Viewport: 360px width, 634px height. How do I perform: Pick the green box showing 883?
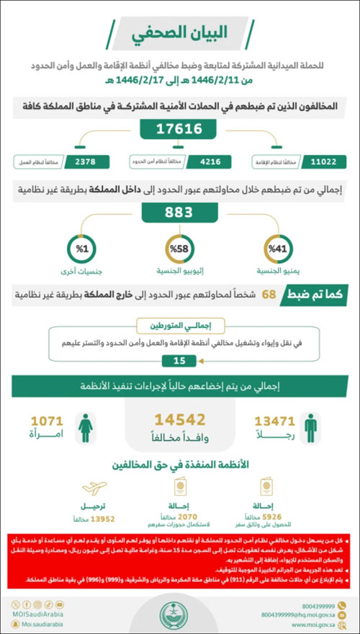pos(180,213)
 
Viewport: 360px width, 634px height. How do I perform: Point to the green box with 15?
pos(179,360)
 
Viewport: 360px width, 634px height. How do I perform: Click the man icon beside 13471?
pos(310,427)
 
